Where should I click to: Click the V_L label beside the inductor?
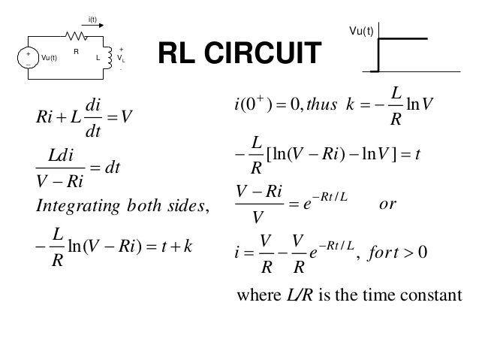[x=120, y=57]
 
